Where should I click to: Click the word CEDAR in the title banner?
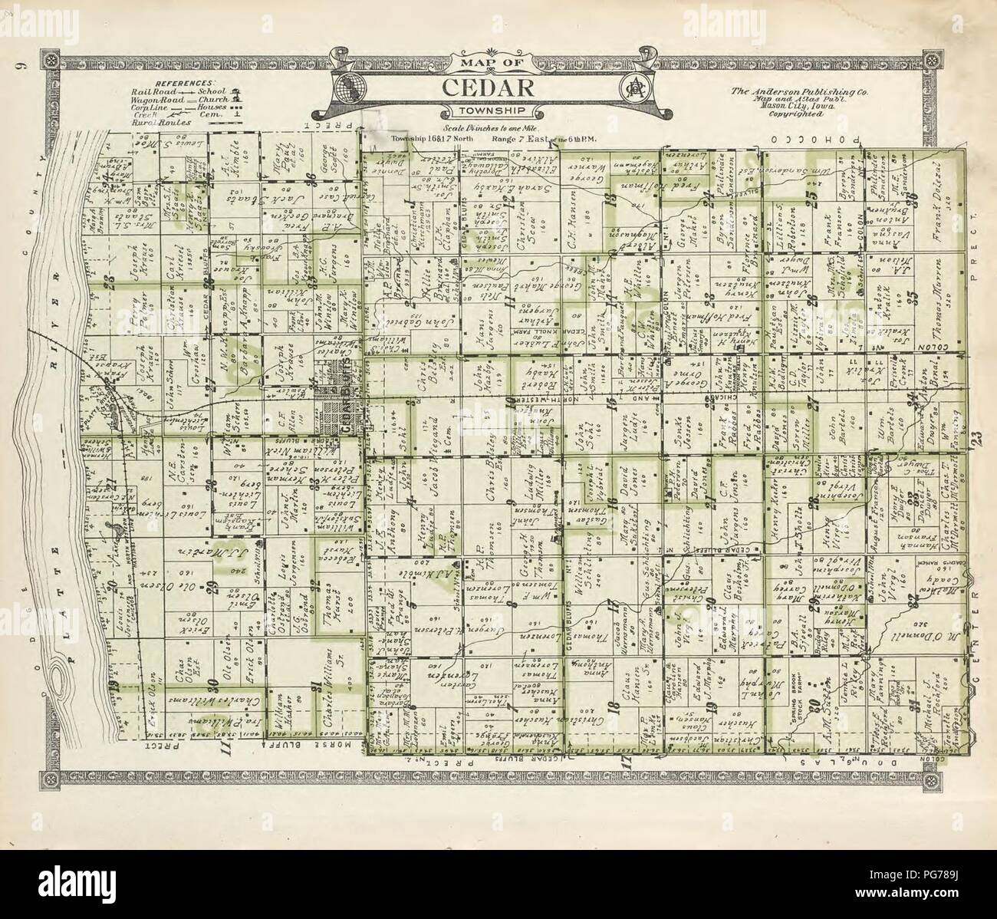[x=487, y=87]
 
